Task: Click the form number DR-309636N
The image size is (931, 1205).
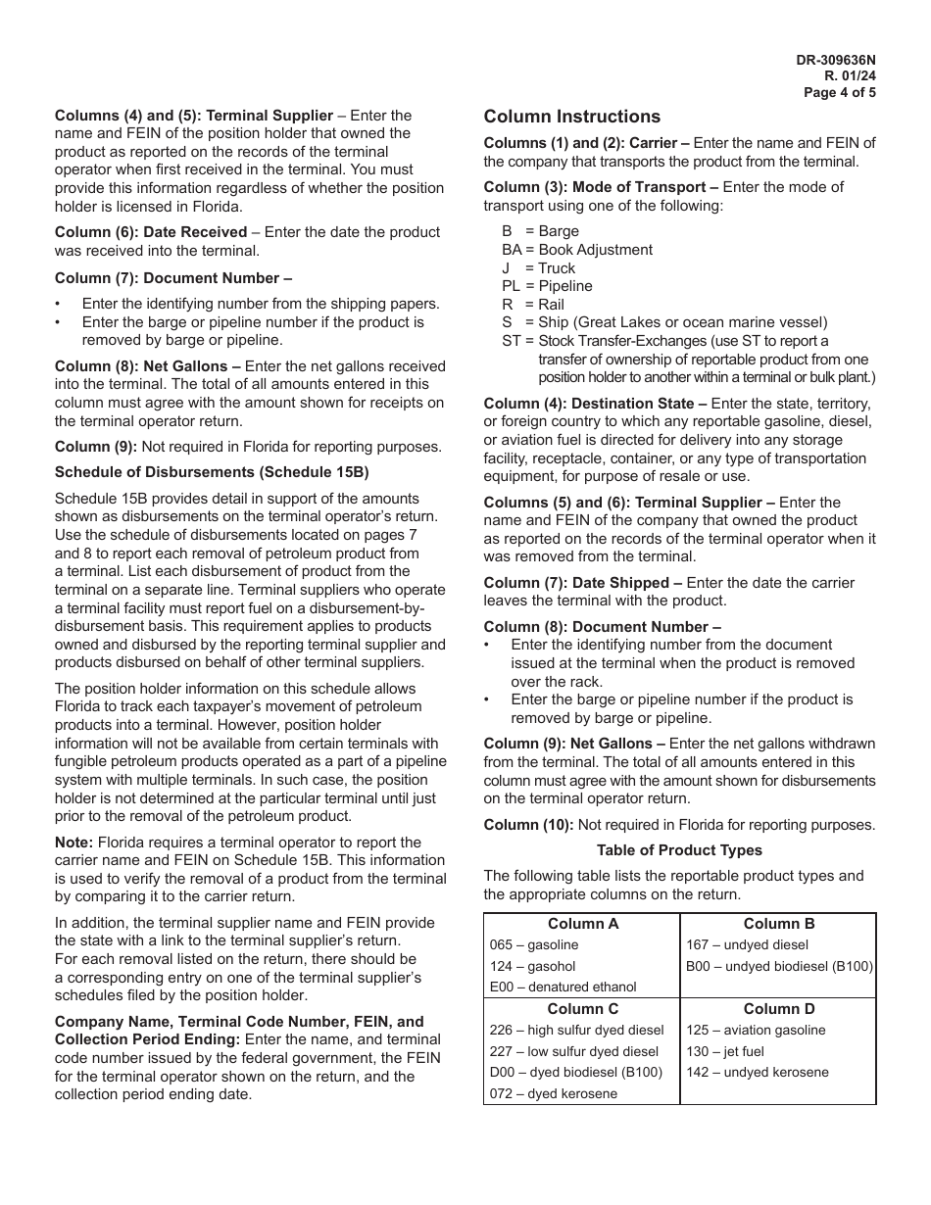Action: [x=836, y=60]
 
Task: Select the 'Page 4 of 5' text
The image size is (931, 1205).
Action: [x=840, y=93]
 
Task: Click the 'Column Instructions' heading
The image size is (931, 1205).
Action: [x=571, y=117]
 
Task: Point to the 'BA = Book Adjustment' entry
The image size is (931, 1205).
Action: [x=576, y=250]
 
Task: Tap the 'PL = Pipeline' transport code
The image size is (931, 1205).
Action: [x=547, y=286]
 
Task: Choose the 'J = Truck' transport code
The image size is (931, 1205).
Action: [x=538, y=268]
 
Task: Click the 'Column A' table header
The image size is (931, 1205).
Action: [x=582, y=924]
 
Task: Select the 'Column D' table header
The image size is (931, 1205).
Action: [x=778, y=1009]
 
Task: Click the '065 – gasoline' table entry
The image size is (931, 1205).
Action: [x=534, y=945]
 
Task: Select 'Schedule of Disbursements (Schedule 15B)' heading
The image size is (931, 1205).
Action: [x=212, y=472]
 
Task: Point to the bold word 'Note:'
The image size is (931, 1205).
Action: [x=74, y=843]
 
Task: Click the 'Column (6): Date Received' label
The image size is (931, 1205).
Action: [x=151, y=232]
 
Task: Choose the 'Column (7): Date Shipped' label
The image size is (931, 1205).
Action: [x=582, y=583]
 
